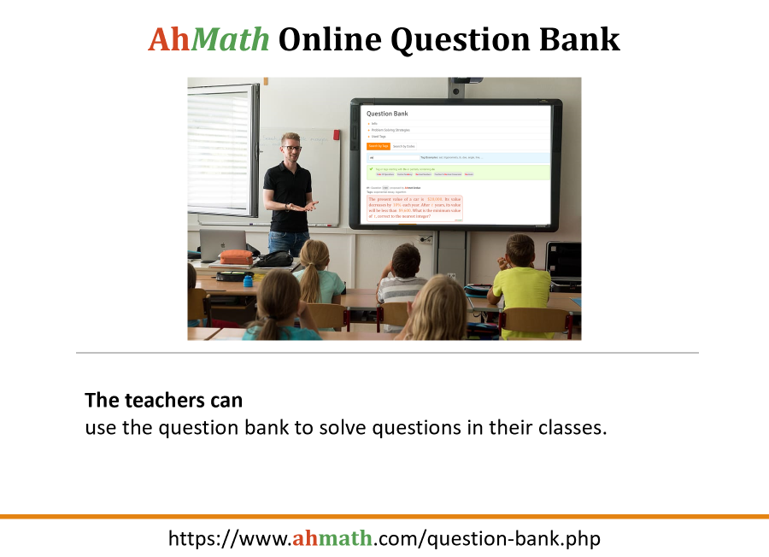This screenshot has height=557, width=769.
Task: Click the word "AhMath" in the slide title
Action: coord(208,38)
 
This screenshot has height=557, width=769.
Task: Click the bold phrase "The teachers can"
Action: coord(163,400)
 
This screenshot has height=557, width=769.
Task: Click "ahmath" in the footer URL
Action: coord(332,538)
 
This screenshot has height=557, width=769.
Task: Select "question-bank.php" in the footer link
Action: coord(514,538)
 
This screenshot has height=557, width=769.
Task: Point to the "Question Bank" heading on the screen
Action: coord(387,114)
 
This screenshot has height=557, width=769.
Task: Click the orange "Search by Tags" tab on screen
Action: coord(379,146)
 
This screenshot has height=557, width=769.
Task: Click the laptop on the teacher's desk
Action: coord(222,243)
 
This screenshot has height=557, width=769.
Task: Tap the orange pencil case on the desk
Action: coord(236,256)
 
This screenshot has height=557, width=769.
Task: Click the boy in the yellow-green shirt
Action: coord(521,282)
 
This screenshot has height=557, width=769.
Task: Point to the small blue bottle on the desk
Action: coord(248,279)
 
